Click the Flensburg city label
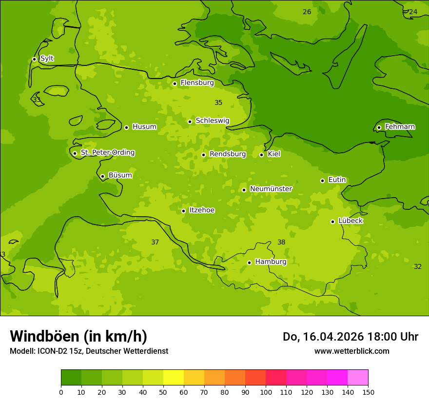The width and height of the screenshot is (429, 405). point(197,83)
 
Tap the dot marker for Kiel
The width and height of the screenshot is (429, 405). point(261,155)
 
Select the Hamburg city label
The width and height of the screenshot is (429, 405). point(271,262)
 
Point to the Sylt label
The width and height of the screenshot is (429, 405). point(47,59)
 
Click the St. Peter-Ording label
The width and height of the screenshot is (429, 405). point(107,153)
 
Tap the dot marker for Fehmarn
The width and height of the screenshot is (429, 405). point(379,127)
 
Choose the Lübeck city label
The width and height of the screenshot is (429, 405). point(350,221)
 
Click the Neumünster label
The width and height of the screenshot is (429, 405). point(271,189)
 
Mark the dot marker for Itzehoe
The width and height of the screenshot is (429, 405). point(183,211)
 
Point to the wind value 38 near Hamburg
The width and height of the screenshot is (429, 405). point(281,243)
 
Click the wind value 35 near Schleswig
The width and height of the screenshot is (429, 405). point(218,103)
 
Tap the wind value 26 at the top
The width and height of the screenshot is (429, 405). point(307,12)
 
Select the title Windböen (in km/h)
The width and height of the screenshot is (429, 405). point(78,336)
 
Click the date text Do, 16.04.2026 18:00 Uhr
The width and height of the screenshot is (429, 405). point(350,337)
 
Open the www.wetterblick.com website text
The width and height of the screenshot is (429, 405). point(351,351)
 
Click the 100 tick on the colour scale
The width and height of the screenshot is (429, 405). point(266,392)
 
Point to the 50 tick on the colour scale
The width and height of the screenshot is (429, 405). point(163,392)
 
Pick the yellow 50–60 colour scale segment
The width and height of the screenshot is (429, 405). point(174,378)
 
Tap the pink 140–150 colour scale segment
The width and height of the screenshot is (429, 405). point(358,378)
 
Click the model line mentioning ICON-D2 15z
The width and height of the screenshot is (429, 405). point(89,351)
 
